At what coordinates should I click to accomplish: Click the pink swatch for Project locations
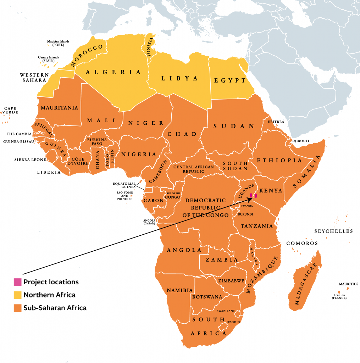17,282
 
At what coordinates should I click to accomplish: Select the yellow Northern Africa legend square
17,295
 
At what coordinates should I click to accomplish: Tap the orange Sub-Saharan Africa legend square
17,308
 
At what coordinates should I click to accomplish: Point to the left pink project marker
251,195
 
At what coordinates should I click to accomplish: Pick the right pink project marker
256,195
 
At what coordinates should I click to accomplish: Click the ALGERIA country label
113,72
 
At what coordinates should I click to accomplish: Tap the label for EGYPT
230,80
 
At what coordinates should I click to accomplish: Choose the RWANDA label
247,206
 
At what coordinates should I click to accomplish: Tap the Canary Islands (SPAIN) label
49,59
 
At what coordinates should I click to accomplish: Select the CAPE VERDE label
11,110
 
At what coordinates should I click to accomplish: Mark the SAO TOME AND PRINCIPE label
124,195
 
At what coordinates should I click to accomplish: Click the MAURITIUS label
348,284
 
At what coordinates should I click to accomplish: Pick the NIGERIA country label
139,155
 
